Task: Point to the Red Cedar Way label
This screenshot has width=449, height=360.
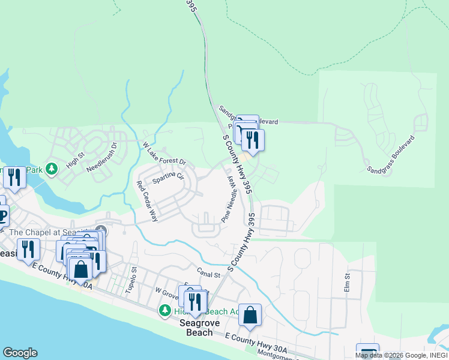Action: [x=147, y=202]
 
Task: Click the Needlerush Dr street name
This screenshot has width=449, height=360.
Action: [x=104, y=157]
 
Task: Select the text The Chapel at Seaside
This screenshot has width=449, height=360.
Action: [x=48, y=232]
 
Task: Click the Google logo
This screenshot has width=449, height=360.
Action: [x=20, y=353]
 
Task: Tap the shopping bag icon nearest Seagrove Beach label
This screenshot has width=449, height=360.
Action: [x=250, y=314]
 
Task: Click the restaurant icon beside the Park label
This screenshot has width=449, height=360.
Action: [x=14, y=177]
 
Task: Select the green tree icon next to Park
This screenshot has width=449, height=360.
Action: [x=52, y=169]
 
